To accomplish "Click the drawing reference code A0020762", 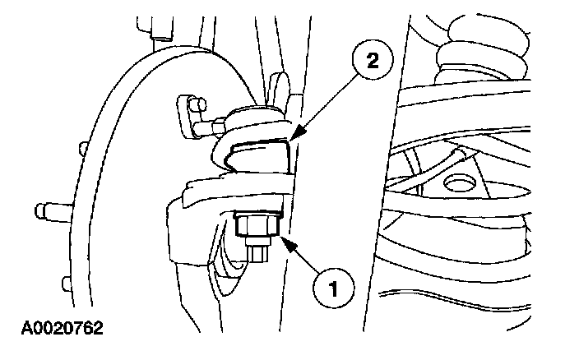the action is [54, 330].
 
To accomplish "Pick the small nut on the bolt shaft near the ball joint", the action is [220, 125].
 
